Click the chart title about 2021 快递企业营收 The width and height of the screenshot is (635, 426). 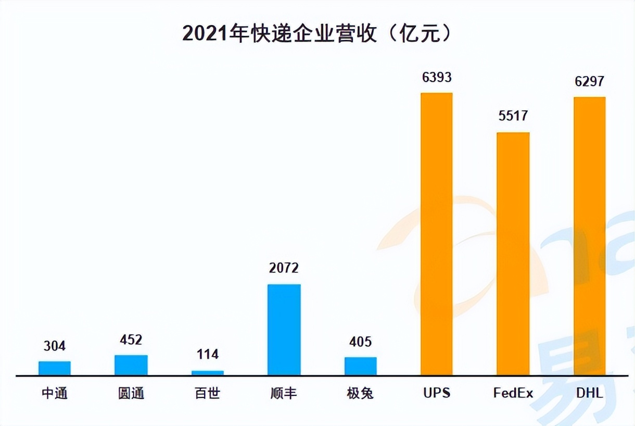tap(317, 34)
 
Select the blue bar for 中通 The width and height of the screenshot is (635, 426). tap(55, 368)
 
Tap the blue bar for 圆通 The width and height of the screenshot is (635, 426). tap(131, 365)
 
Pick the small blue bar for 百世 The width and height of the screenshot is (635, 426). tap(208, 372)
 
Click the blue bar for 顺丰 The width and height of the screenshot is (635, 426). tap(284, 329)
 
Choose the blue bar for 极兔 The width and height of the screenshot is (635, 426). tap(361, 366)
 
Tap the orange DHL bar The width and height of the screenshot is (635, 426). tap(590, 235)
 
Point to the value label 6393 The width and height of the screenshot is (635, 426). tap(437, 78)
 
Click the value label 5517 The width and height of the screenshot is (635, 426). tap(513, 116)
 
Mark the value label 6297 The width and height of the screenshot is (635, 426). tap(589, 82)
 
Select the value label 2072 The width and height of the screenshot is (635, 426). tap(284, 268)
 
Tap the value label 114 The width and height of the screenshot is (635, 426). tap(208, 355)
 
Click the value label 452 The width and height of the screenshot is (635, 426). tap(131, 340)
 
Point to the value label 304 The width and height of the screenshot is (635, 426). tap(55, 346)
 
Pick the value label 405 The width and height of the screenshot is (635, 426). tap(360, 342)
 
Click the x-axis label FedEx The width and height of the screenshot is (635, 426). tap(513, 393)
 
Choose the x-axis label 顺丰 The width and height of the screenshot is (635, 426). tap(284, 393)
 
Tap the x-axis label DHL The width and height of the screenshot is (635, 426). tap(589, 393)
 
